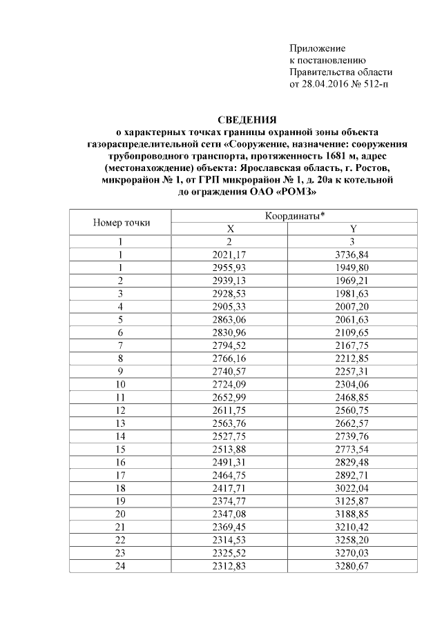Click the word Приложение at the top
(x=316, y=48)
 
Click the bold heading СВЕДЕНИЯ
(x=247, y=119)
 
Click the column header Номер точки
(x=121, y=222)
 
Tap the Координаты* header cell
(x=295, y=217)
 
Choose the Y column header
(x=354, y=229)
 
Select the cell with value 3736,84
(x=354, y=255)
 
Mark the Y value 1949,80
(x=354, y=268)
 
